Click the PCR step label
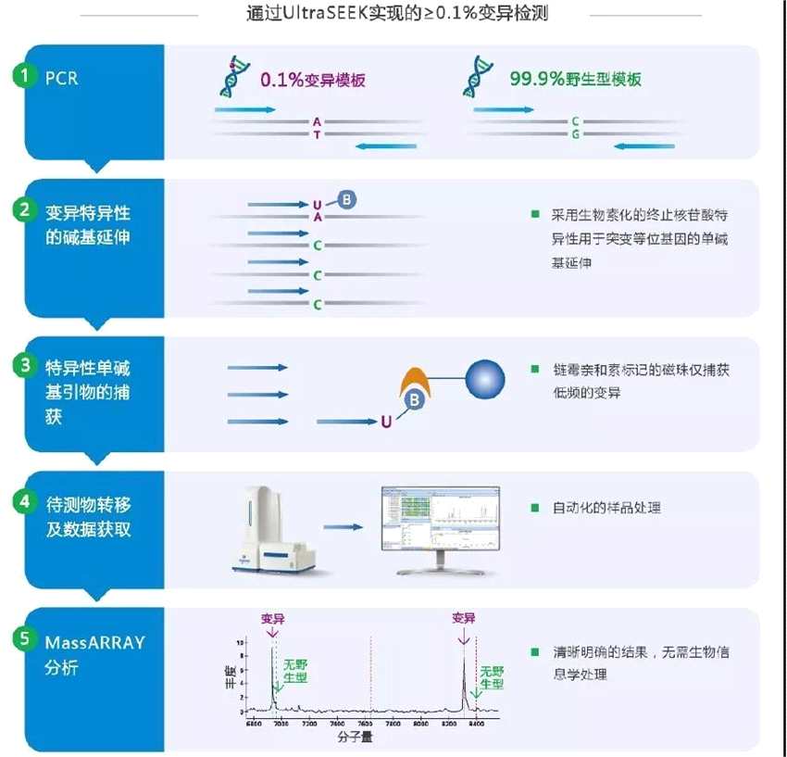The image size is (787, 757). point(62,78)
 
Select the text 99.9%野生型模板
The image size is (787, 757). point(575,80)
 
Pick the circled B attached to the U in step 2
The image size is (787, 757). point(346,199)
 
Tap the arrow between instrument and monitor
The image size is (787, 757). point(345,526)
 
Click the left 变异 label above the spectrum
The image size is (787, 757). point(272,617)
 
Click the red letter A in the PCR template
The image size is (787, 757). point(317,121)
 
